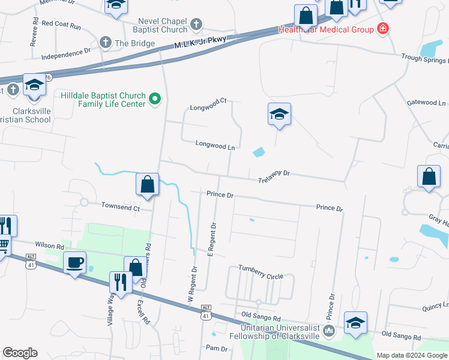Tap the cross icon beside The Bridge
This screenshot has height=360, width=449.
pos(105,43)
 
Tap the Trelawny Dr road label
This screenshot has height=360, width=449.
pos(274,174)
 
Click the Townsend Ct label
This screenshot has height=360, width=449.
pos(120,208)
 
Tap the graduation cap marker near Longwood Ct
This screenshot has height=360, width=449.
pos(279,114)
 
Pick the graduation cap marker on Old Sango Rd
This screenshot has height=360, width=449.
pos(355,323)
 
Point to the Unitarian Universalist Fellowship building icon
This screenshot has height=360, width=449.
pos(328,331)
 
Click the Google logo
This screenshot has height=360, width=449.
pos(20,353)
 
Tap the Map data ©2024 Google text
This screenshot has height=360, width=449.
pos(412,355)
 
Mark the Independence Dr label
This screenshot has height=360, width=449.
pos(66,55)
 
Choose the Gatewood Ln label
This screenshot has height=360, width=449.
pos(426,103)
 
